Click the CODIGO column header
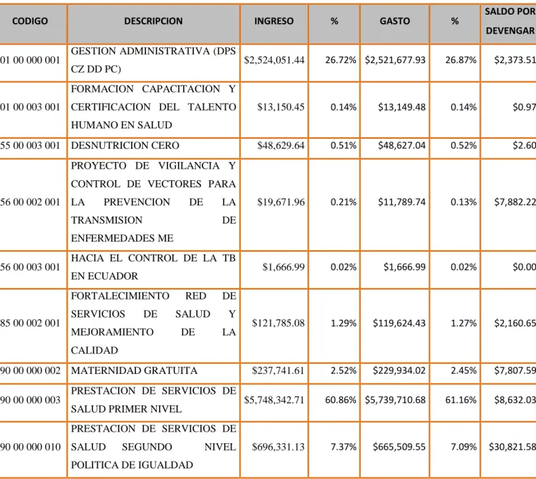[30, 21]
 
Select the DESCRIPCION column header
[153, 21]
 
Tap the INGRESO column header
[274, 21]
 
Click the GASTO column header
[395, 21]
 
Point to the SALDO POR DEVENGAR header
[510, 21]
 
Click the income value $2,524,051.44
[274, 60]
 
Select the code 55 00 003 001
[30, 145]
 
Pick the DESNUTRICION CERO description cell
[125, 145]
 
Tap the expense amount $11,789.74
[401, 202]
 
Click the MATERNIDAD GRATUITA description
[134, 370]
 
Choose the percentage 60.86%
[341, 400]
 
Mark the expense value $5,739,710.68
[395, 400]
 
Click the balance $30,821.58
[512, 447]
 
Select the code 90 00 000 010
[30, 447]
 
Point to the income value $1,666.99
[283, 267]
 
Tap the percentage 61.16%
[461, 400]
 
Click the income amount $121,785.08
[278, 323]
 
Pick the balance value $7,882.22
[515, 202]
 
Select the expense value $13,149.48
[401, 107]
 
